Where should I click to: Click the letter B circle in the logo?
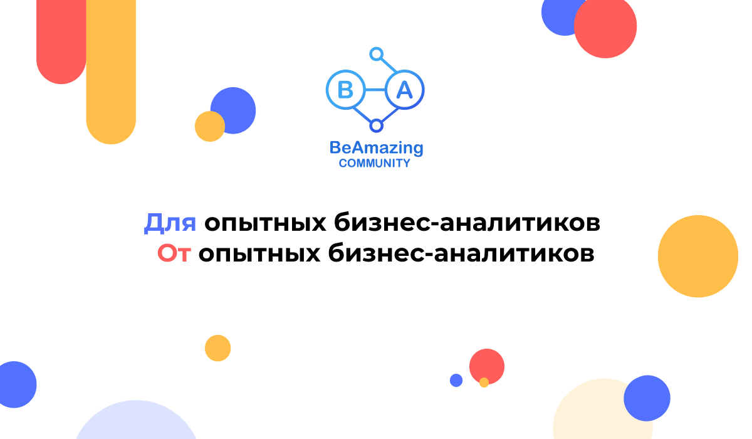point(345,90)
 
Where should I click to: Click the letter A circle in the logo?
point(405,90)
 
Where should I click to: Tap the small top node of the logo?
point(376,54)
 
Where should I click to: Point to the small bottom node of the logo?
point(376,126)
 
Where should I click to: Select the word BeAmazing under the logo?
point(376,148)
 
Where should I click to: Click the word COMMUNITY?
point(375,164)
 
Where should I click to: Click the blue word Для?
point(170,223)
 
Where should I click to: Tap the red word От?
point(173,253)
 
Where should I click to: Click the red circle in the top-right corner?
point(605,27)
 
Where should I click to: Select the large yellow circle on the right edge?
point(698,256)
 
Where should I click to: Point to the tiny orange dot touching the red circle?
point(484,382)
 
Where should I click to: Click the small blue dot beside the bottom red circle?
point(456,380)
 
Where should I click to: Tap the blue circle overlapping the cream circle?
point(647,398)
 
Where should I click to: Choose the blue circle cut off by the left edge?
point(15,385)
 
